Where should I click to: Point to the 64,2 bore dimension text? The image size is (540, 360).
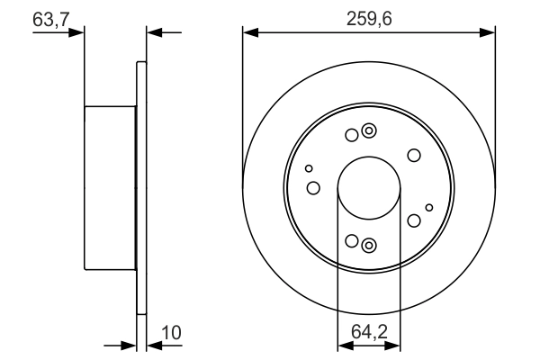(x=368, y=332)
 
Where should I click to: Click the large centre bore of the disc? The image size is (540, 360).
(x=368, y=188)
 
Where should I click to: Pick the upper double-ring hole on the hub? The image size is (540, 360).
(x=367, y=132)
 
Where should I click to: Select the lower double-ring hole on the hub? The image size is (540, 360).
(x=367, y=244)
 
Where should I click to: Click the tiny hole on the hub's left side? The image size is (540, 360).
(x=310, y=168)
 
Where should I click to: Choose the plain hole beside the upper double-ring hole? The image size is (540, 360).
(x=352, y=136)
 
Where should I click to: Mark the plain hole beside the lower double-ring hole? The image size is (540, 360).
(x=352, y=240)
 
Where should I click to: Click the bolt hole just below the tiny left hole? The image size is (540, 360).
(x=313, y=187)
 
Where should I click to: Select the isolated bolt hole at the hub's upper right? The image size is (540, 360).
(x=414, y=155)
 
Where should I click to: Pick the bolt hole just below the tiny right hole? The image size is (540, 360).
(x=414, y=220)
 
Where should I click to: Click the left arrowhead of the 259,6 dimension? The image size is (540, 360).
(x=249, y=33)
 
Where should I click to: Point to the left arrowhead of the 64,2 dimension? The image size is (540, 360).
(x=343, y=345)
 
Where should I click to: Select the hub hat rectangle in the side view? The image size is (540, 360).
(x=110, y=188)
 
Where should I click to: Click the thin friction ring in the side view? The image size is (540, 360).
(x=140, y=188)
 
